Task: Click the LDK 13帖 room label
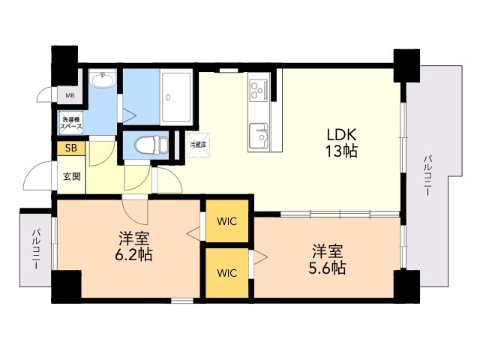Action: (x=341, y=142)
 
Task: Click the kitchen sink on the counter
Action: (x=259, y=135)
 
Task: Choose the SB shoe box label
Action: (x=70, y=148)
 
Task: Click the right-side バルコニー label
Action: (x=427, y=176)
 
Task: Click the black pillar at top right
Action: (x=406, y=64)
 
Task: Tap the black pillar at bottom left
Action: (x=66, y=286)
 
